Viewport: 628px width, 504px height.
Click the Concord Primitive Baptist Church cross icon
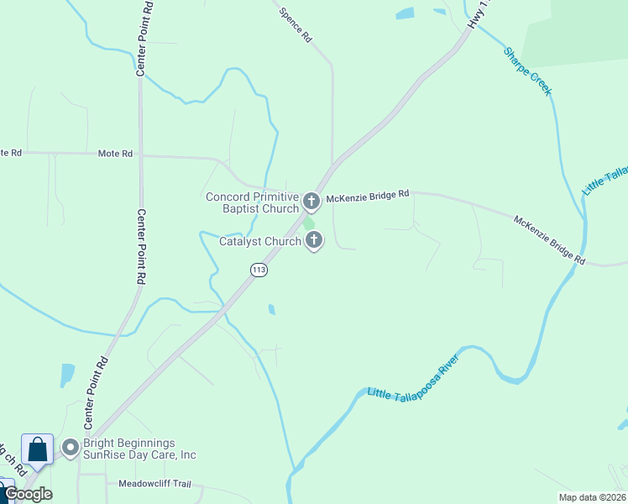tap(311, 201)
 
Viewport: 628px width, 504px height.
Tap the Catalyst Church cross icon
tap(314, 242)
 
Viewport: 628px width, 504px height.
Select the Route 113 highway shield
tap(258, 270)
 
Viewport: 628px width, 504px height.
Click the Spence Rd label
tap(296, 26)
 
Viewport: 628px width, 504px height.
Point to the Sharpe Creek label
tap(527, 71)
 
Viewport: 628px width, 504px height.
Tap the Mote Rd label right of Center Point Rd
tap(115, 154)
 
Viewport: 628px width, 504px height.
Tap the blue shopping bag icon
tap(38, 449)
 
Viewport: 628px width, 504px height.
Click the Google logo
tap(28, 494)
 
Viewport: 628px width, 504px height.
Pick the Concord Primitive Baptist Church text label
tap(253, 202)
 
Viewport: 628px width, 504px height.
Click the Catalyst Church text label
tap(260, 242)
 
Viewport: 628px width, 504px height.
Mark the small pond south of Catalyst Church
tap(271, 309)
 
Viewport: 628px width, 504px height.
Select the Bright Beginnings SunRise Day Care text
tap(139, 449)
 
